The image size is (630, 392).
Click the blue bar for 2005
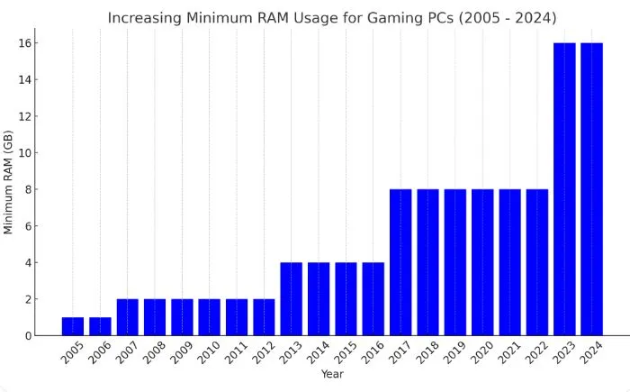pyautogui.click(x=72, y=326)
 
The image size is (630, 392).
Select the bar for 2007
pyautogui.click(x=127, y=317)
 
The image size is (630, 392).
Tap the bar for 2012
pyautogui.click(x=264, y=317)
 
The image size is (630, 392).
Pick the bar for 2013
pyautogui.click(x=291, y=299)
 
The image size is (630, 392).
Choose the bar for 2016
pyautogui.click(x=373, y=299)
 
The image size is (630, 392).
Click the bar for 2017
pyautogui.click(x=400, y=262)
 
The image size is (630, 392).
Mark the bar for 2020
pyautogui.click(x=482, y=262)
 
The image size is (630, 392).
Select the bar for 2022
pyautogui.click(x=536, y=262)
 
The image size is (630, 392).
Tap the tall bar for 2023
pyautogui.click(x=564, y=189)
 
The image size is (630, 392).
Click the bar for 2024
pyautogui.click(x=591, y=189)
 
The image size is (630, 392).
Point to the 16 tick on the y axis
pyautogui.click(x=27, y=43)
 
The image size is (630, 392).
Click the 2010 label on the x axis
pyautogui.click(x=208, y=352)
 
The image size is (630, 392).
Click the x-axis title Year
pyautogui.click(x=331, y=374)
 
